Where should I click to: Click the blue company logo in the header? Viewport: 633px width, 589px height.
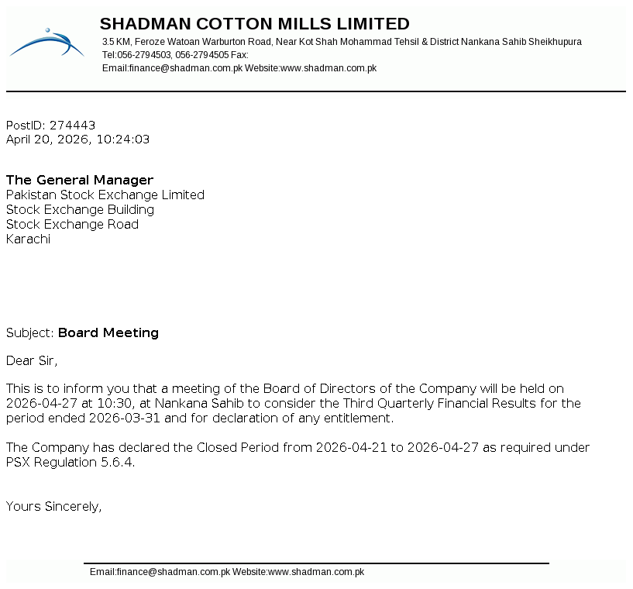click(46, 43)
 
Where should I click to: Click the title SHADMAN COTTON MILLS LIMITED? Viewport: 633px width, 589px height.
click(254, 24)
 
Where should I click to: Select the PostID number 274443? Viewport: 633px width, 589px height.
click(72, 125)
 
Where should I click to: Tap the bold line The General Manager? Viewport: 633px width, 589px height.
click(80, 180)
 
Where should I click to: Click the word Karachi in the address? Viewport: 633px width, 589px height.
click(28, 239)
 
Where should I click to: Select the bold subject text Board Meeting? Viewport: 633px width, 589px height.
click(108, 332)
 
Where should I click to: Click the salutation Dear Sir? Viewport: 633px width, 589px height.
click(31, 360)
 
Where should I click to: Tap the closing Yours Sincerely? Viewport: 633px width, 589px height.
click(53, 506)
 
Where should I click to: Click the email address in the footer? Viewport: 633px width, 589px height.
click(160, 572)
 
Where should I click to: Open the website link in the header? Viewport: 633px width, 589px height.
click(329, 68)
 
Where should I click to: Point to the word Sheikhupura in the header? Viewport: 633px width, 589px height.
click(555, 42)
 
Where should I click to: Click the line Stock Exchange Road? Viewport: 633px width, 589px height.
click(72, 224)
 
